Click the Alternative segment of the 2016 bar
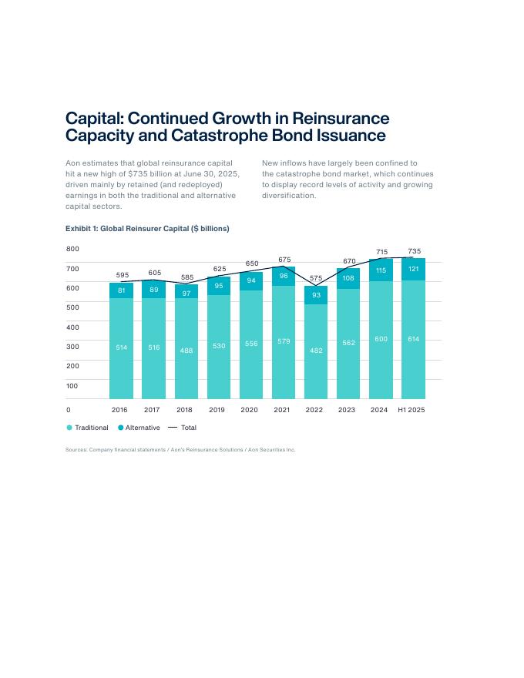point(122,290)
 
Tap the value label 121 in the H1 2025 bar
point(414,269)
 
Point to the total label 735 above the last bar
point(414,251)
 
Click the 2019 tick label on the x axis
point(217,410)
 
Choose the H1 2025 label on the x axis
point(411,410)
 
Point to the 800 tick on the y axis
point(72,249)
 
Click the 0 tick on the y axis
point(69,410)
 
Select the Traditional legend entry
point(88,428)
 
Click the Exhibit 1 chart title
point(147,229)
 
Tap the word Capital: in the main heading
point(93,119)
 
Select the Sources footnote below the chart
point(180,450)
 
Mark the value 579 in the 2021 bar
point(284,341)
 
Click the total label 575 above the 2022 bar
point(316,278)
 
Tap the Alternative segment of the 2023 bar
point(348,278)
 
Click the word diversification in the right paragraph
point(289,196)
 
